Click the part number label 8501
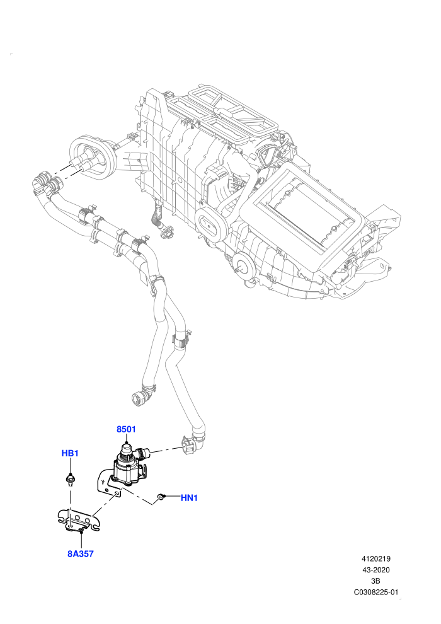coord(126,429)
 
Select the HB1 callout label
coord(70,453)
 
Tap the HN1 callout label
coord(189,498)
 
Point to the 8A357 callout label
coord(81,553)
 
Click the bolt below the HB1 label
coord(71,480)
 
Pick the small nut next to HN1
coord(161,497)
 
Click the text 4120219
coord(375,558)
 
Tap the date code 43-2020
coord(375,570)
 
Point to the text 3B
coord(375,581)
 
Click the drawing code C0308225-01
coord(375,592)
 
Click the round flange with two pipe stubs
coord(92,156)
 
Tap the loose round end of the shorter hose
coord(139,398)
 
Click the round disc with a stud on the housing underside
coord(243,265)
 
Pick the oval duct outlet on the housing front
coord(211,224)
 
